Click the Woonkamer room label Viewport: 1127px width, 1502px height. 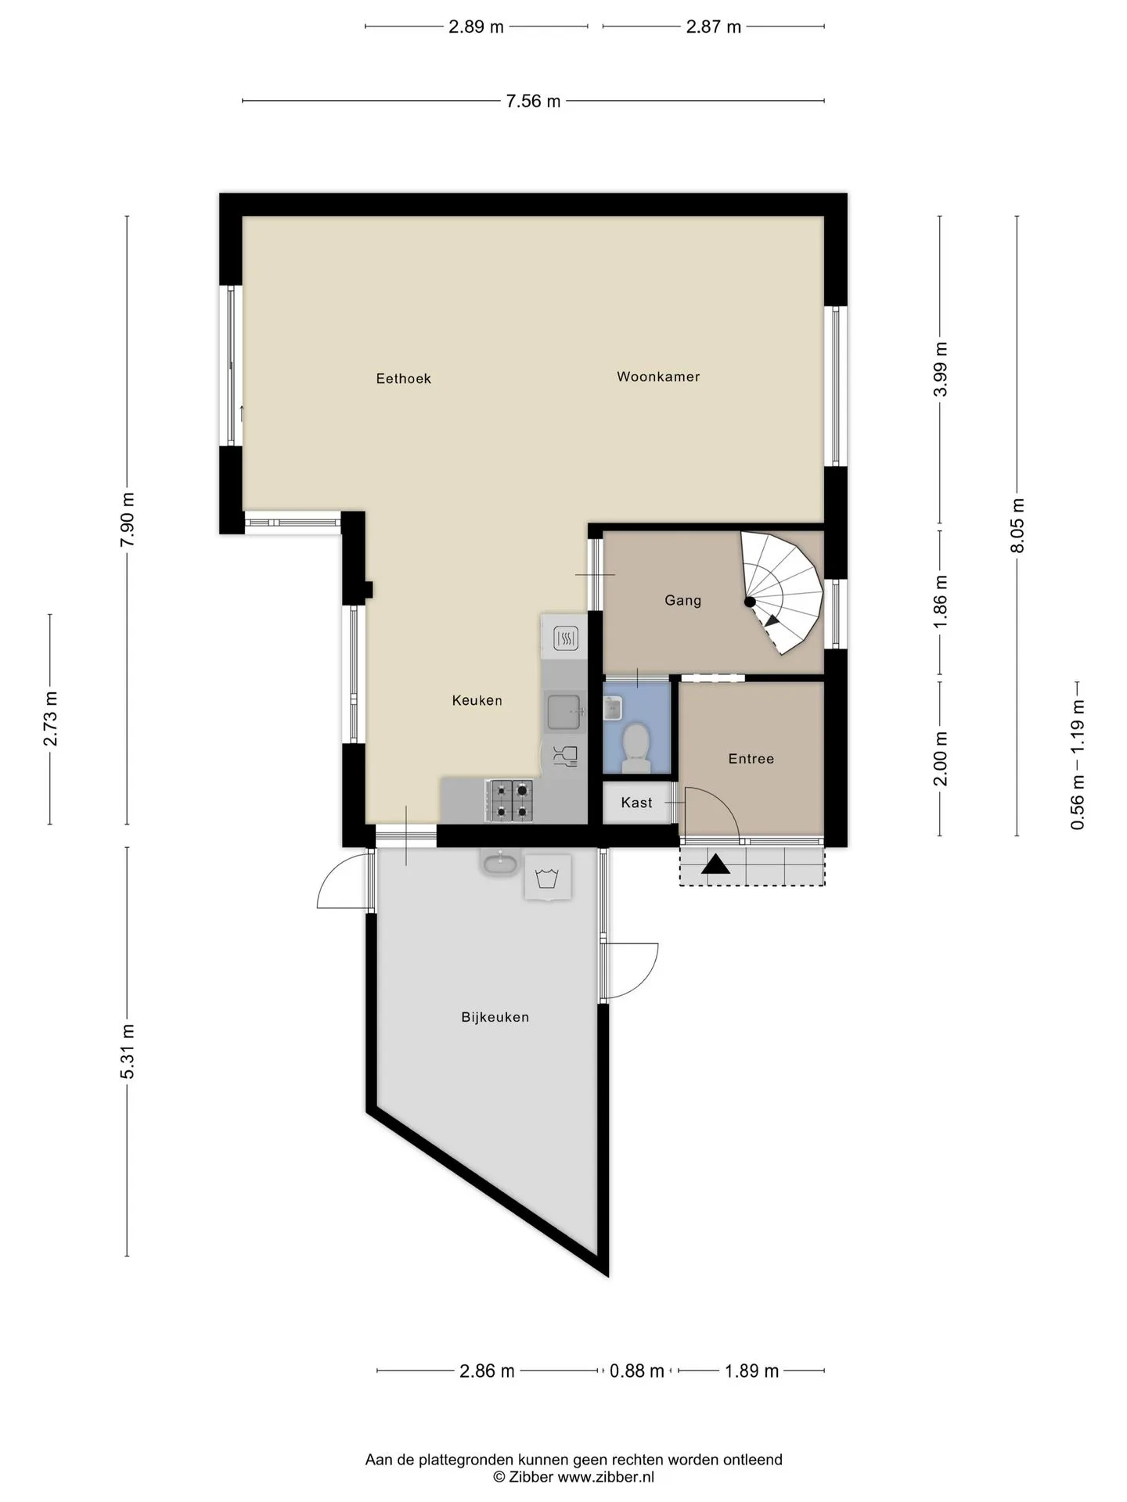[658, 376]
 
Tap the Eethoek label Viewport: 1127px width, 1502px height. [404, 379]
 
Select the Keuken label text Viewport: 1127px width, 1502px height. [477, 700]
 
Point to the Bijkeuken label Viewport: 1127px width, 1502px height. [495, 1017]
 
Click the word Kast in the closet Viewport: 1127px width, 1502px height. [636, 803]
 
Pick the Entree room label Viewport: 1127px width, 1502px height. [751, 759]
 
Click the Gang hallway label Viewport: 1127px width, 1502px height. [683, 600]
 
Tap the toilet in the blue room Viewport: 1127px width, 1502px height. [635, 746]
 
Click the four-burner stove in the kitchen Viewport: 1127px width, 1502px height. [509, 801]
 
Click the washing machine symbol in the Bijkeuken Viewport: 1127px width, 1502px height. [547, 878]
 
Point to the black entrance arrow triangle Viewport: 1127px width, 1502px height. [715, 864]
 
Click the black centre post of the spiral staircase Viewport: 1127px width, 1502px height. [750, 602]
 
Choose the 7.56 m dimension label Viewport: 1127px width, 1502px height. [534, 101]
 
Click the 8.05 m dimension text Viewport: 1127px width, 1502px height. [1017, 525]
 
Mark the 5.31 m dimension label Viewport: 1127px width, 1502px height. [128, 1051]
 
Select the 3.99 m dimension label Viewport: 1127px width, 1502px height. [941, 369]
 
